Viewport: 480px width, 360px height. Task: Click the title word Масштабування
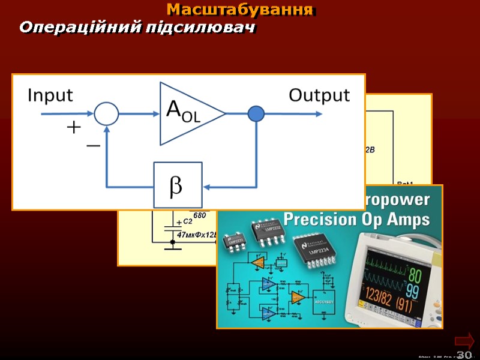coord(240,10)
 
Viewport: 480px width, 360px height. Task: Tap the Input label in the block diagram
coord(50,95)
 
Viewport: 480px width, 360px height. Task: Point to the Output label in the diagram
coord(319,95)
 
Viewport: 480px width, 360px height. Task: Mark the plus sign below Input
coord(73,127)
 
